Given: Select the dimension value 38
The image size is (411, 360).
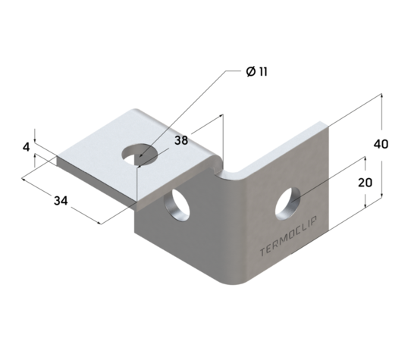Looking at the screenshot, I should point(180,140).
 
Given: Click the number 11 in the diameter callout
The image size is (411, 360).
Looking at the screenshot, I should point(260,72).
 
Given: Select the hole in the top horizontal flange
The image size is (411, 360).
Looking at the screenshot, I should point(142,154).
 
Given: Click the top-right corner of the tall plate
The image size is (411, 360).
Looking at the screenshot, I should point(328,124).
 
